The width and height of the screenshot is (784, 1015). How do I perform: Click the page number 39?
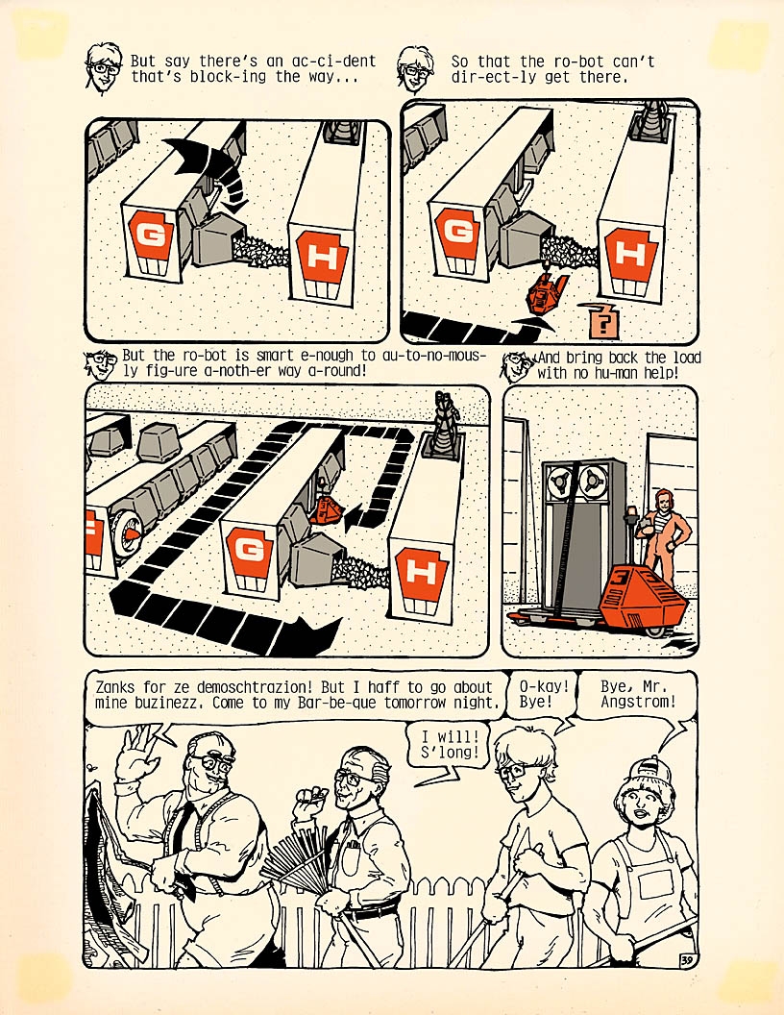[x=686, y=959]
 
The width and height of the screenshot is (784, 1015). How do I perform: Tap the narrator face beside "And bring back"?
[x=517, y=366]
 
